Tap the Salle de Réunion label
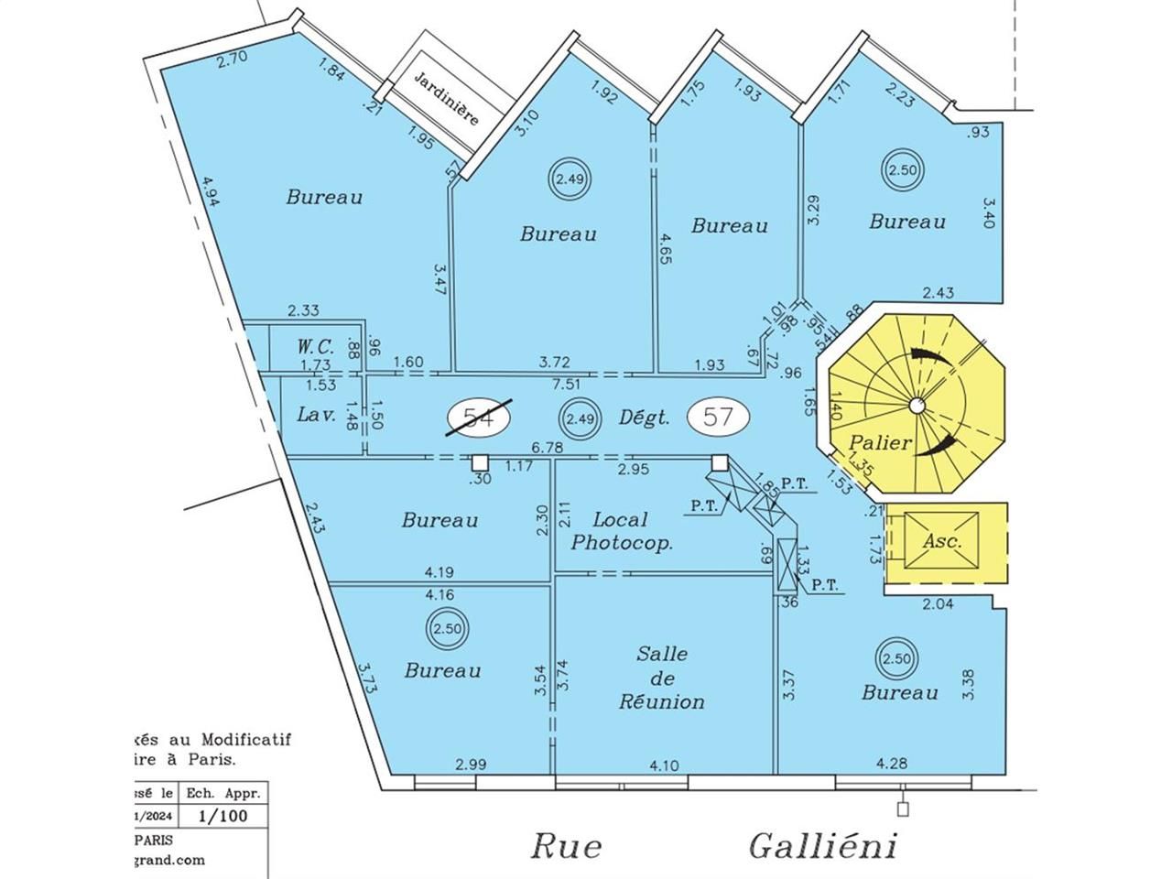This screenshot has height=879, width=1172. coord(662,678)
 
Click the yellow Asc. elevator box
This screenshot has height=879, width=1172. coord(942,541)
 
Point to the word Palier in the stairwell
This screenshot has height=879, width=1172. coord(880,443)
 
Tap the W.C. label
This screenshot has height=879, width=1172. coord(314,347)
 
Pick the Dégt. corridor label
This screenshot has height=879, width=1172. coord(645,418)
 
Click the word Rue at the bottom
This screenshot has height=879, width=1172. coord(567,846)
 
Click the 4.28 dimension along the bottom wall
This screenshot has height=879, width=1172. coord(892,763)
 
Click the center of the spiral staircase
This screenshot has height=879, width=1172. coord(916,406)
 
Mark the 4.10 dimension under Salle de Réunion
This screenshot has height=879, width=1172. coord(664,765)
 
